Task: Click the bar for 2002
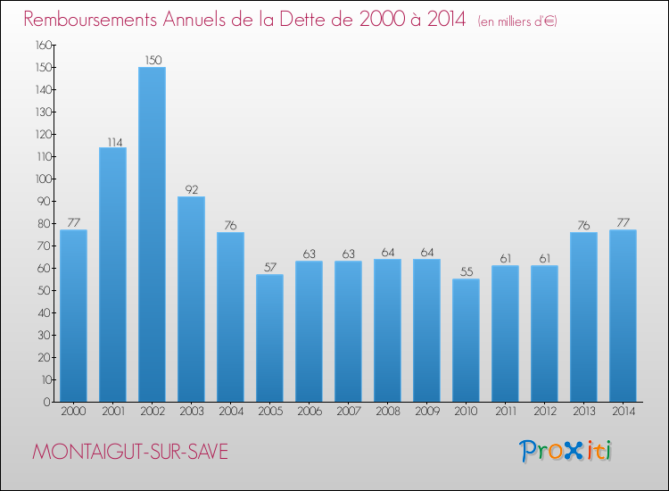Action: pyautogui.click(x=152, y=234)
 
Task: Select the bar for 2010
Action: pyautogui.click(x=466, y=340)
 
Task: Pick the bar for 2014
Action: pyautogui.click(x=623, y=315)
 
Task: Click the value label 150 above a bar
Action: pyautogui.click(x=152, y=61)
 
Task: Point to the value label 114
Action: pyautogui.click(x=112, y=141)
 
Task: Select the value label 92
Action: pyautogui.click(x=191, y=190)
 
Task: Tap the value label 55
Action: pyautogui.click(x=466, y=272)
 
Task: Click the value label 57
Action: pyautogui.click(x=269, y=268)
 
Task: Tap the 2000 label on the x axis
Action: pyautogui.click(x=73, y=412)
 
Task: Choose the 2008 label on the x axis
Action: pyautogui.click(x=387, y=412)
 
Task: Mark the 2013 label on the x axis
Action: pyautogui.click(x=583, y=412)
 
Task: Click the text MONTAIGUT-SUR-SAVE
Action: pyautogui.click(x=130, y=453)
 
